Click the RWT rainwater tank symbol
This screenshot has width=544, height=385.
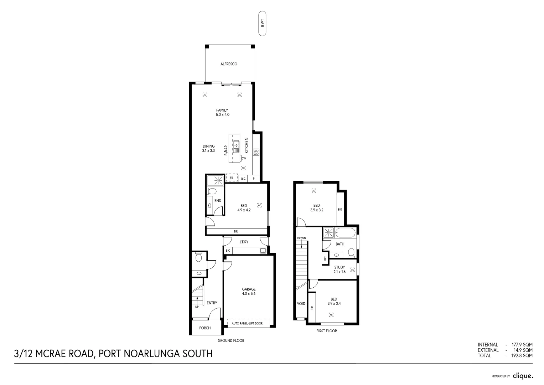tap(263, 24)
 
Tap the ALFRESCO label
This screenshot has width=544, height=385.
tap(229, 64)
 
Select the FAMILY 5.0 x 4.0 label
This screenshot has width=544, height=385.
tap(222, 113)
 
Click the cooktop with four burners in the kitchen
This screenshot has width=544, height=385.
tap(256, 152)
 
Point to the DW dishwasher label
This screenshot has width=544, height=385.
tap(244, 158)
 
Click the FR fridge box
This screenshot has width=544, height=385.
tap(232, 178)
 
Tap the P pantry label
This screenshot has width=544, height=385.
tap(254, 179)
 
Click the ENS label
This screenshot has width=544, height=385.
tap(217, 201)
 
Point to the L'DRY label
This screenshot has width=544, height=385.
tap(244, 242)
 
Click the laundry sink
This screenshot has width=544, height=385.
tap(263, 251)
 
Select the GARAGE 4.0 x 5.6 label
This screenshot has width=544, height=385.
tap(249, 292)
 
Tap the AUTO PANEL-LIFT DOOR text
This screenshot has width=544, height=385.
tap(247, 324)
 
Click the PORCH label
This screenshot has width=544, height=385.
tap(205, 328)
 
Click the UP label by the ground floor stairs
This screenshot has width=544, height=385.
tap(197, 307)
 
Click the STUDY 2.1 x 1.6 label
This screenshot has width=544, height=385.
tap(340, 269)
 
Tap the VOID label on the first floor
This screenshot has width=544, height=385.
tap(301, 304)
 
